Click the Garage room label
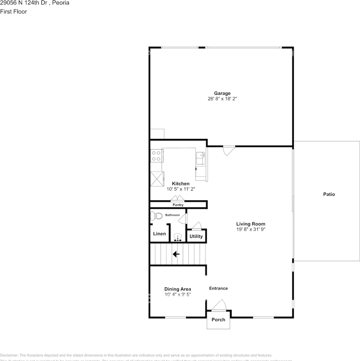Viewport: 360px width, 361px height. pos(222,93)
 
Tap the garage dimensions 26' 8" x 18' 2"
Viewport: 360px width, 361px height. pos(222,99)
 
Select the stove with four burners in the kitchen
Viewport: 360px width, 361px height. pos(156,156)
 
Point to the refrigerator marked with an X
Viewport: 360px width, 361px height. pos(157,178)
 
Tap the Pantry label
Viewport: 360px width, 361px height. pos(178,205)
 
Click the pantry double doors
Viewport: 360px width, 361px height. pos(177,199)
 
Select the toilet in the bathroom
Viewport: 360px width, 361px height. pos(156,216)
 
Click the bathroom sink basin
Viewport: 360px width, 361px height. pos(178,237)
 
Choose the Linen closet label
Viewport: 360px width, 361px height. pos(159,234)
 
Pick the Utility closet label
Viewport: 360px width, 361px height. pos(196,237)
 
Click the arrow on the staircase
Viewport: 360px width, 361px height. pos(175,254)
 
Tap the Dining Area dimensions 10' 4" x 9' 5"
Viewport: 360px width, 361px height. pos(178,294)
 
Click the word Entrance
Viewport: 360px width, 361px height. pos(218,288)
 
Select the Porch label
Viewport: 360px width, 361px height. pos(218,320)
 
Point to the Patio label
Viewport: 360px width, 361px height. pos(329,194)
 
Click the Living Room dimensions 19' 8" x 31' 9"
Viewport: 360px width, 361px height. pos(251,229)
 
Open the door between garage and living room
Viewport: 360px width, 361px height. pos(228,150)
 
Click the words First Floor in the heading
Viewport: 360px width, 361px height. pos(14,11)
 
